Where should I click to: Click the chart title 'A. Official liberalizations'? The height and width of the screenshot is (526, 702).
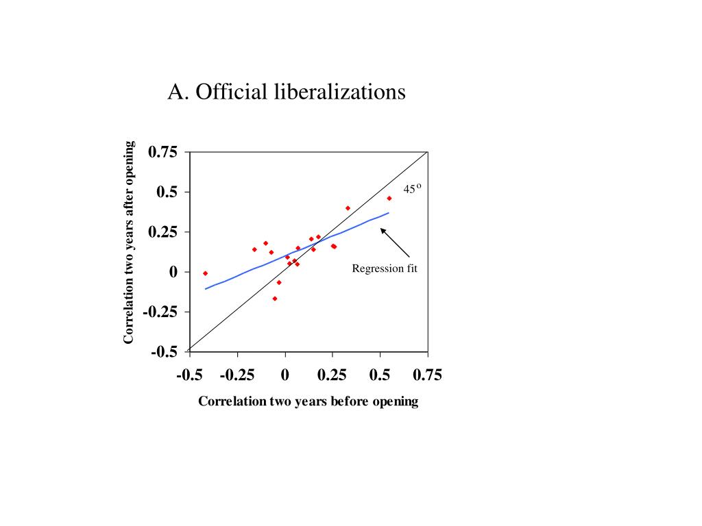[x=287, y=92]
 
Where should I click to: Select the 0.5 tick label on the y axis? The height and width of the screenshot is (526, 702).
[x=167, y=192]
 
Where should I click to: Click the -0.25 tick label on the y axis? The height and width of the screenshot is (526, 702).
[x=161, y=312]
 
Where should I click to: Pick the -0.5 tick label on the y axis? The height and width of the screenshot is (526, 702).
[x=165, y=352]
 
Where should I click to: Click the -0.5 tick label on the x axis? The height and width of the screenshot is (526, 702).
[x=190, y=375]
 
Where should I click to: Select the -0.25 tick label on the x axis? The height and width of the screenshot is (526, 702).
[x=237, y=375]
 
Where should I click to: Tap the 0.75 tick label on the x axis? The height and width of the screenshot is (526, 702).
[x=427, y=375]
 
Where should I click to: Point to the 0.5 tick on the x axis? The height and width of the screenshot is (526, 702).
[x=380, y=375]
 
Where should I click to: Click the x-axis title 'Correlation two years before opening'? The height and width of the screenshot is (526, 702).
[x=308, y=401]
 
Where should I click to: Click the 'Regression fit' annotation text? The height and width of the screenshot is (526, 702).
[x=385, y=268]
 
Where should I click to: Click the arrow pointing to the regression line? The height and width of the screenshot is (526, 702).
[x=395, y=242]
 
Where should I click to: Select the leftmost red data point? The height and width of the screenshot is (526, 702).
[x=205, y=273]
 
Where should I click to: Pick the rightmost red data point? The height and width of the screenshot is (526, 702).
[x=389, y=199]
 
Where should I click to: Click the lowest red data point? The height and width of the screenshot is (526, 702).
[x=275, y=299]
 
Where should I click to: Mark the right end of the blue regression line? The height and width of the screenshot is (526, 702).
[x=389, y=213]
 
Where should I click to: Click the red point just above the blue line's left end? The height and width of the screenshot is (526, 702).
[x=205, y=273]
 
